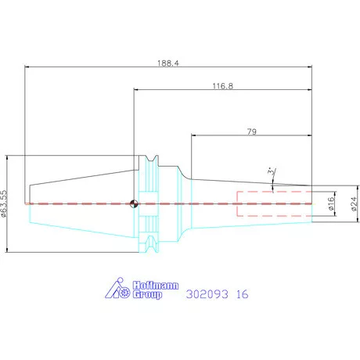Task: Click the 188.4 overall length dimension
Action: (168, 63)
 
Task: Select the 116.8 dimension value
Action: (223, 86)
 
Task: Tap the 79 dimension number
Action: (252, 131)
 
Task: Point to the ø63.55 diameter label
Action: (4, 203)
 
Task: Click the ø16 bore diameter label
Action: (331, 203)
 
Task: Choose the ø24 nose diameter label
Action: (354, 204)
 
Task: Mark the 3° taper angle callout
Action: (272, 172)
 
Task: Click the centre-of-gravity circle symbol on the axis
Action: (134, 203)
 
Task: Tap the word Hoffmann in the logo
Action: (156, 286)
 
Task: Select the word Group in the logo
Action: (147, 294)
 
